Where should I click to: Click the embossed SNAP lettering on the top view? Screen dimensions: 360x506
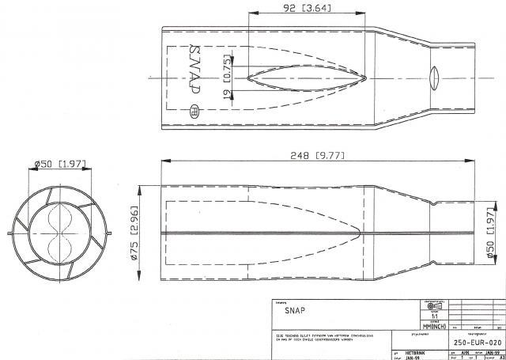[x=195, y=76]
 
